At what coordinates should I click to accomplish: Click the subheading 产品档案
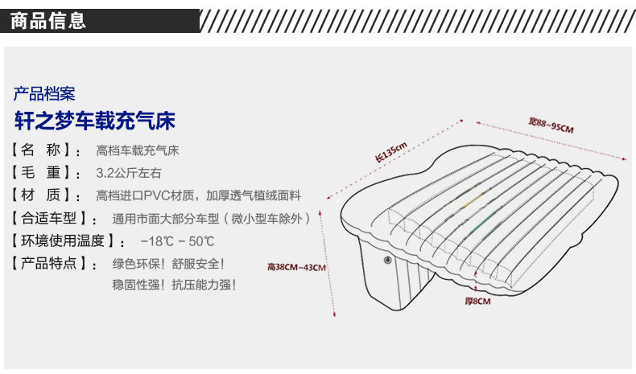[44, 92]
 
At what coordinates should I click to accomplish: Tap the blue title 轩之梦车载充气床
[94, 121]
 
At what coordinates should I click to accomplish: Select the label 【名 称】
[47, 150]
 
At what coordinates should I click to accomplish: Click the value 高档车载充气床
[137, 150]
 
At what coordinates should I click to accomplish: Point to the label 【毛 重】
[47, 173]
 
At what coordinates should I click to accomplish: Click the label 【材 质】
[47, 195]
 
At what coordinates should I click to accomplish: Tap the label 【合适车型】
[55, 218]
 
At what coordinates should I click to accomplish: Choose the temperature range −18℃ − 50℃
[177, 240]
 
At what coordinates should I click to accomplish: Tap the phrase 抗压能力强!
[204, 285]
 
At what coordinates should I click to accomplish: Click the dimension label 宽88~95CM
[551, 126]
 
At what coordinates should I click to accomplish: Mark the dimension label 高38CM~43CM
[296, 268]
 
